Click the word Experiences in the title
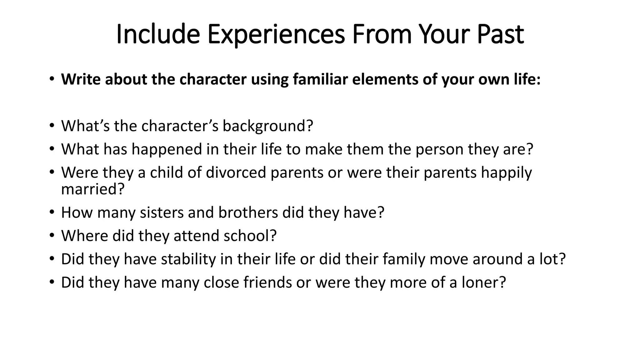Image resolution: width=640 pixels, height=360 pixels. [276, 35]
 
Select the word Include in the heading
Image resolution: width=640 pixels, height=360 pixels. [158, 34]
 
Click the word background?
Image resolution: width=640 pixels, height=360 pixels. [267, 126]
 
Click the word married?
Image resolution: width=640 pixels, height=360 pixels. [93, 189]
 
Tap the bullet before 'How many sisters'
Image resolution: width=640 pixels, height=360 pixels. [52, 212]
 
